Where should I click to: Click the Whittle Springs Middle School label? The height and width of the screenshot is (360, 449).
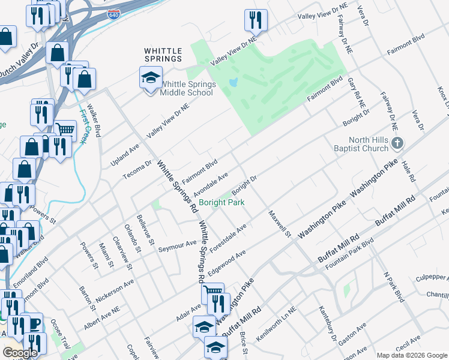[187, 88]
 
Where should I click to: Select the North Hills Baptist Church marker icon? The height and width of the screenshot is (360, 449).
[397, 143]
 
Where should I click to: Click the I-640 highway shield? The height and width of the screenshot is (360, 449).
[114, 14]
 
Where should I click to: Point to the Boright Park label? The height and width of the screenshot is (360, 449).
[221, 202]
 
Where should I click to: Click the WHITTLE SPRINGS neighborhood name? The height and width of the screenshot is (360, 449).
[163, 55]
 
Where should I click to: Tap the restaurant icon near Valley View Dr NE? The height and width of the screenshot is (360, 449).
[256, 20]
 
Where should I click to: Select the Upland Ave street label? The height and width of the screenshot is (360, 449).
[125, 154]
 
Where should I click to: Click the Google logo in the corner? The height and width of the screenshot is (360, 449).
[20, 353]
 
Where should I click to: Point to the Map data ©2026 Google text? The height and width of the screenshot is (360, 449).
[411, 355]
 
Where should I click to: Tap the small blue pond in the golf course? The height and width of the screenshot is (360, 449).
[234, 81]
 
